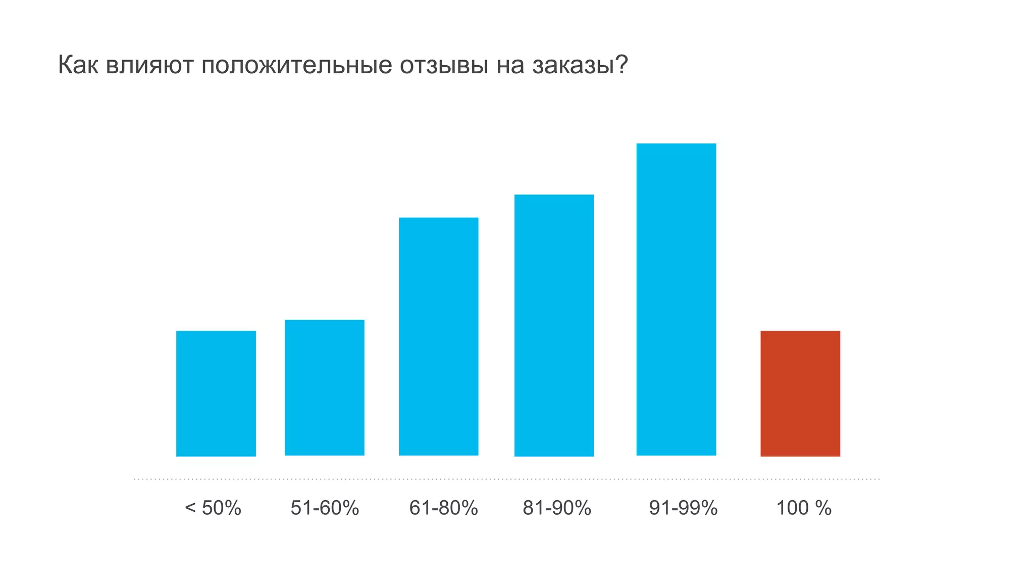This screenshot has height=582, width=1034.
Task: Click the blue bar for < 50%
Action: [216, 394]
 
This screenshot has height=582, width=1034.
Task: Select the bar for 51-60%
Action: [325, 387]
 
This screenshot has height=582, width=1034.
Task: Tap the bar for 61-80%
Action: [439, 336]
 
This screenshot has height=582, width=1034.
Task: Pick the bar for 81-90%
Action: [554, 325]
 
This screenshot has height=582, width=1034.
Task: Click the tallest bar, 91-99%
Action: [676, 300]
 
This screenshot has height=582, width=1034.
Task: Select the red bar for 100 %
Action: [800, 394]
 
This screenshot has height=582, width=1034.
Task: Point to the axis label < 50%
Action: [213, 508]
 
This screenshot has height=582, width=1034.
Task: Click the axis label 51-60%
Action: [325, 508]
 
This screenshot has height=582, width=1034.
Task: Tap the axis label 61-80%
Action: [443, 508]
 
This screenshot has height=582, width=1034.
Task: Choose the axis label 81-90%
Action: [557, 508]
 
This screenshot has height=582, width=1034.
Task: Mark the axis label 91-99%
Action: [683, 508]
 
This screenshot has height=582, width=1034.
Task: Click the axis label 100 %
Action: [803, 508]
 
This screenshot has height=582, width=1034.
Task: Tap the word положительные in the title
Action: [297, 65]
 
